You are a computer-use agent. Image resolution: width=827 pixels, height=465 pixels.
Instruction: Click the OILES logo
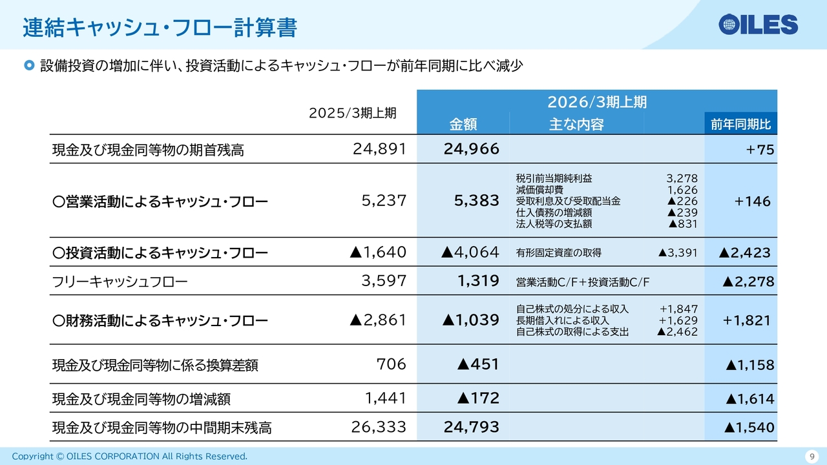(x=759, y=25)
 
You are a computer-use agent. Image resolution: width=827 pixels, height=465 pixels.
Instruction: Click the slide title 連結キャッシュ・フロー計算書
(x=160, y=28)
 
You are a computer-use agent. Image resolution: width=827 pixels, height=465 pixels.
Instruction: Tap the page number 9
(x=811, y=457)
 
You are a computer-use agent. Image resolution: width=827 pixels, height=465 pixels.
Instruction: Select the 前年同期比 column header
(x=740, y=125)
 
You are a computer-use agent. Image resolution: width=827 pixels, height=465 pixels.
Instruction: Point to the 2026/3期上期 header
(x=596, y=102)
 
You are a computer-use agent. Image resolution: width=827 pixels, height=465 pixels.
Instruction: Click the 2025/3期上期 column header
(x=352, y=113)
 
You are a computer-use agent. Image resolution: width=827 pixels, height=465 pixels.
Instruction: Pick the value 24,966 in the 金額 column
(x=471, y=149)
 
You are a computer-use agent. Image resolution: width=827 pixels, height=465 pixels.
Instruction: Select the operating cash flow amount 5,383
(x=477, y=201)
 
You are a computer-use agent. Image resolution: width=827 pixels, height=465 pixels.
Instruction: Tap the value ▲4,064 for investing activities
(x=470, y=253)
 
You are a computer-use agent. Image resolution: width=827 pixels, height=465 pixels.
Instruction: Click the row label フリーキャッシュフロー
(x=120, y=281)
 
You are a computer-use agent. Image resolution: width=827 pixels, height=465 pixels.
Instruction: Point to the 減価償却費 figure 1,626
(x=682, y=190)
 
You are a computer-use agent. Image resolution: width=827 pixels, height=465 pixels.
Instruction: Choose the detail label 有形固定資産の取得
(x=558, y=253)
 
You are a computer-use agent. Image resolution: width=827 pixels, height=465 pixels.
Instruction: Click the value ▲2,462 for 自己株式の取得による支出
(x=676, y=332)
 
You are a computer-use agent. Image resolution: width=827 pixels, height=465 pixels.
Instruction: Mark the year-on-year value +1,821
(x=747, y=320)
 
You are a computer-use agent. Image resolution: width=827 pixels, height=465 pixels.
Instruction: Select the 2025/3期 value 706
(x=391, y=364)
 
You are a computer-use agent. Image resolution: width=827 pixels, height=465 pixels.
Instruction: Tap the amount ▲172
(x=477, y=398)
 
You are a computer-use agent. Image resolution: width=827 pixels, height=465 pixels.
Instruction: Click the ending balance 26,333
(x=379, y=427)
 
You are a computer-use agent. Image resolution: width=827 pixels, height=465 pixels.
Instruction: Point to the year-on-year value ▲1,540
(x=749, y=427)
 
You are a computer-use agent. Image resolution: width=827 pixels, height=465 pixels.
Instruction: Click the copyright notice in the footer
(x=129, y=457)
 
